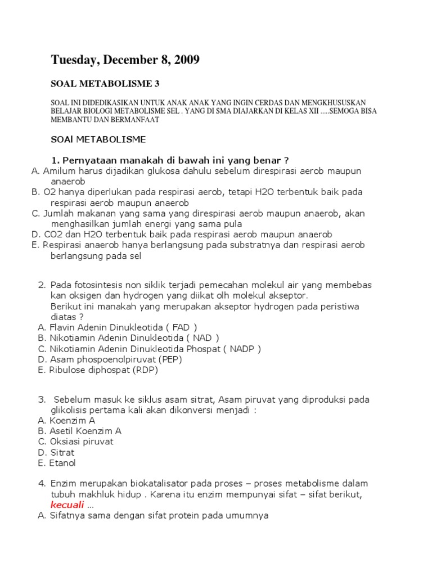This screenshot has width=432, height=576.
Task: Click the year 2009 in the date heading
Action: click(x=185, y=60)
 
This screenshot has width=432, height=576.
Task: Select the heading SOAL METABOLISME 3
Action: click(x=105, y=84)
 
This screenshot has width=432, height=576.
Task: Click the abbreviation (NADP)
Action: click(x=242, y=349)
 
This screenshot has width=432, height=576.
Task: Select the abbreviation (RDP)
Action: click(x=146, y=370)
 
